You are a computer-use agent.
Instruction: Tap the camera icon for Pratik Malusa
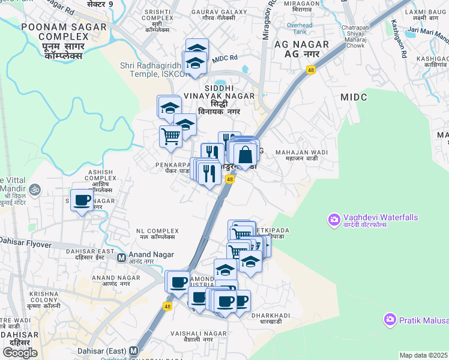(390, 320)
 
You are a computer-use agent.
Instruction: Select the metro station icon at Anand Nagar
(121, 258)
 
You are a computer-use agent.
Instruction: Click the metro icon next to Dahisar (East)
(133, 351)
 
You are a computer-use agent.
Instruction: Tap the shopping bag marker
(246, 155)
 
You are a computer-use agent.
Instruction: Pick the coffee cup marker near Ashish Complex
(82, 200)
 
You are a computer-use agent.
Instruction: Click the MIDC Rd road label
(226, 58)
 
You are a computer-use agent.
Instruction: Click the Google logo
(20, 353)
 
